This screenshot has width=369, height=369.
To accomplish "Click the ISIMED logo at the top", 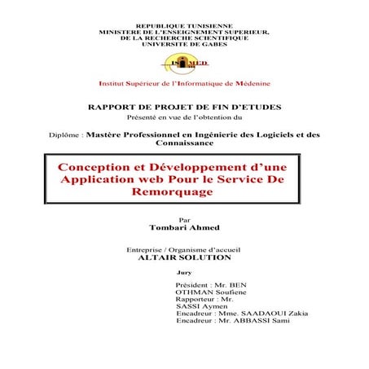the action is click(x=184, y=63).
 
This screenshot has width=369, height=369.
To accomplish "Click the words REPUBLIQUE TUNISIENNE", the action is click(x=184, y=26).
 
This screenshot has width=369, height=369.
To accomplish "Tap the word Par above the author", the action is click(x=183, y=219).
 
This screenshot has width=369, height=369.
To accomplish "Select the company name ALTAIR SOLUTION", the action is click(x=185, y=257).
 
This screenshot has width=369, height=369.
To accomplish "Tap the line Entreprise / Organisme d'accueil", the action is click(x=184, y=248).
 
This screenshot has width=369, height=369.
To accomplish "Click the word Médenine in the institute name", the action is click(x=248, y=84).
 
